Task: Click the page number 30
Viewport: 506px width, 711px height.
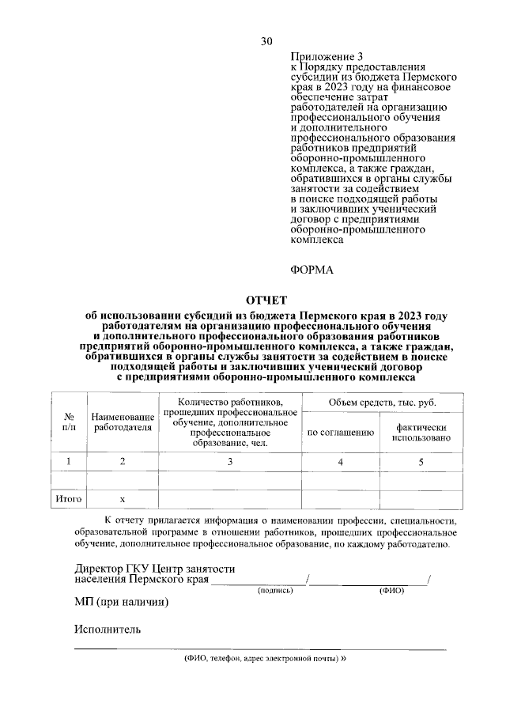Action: [x=266, y=41]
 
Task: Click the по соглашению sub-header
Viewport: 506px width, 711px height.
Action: [x=340, y=433]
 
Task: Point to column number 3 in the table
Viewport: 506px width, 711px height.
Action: [x=229, y=461]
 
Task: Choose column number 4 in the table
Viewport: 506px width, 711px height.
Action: [x=340, y=461]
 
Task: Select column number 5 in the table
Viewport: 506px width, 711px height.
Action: [x=421, y=461]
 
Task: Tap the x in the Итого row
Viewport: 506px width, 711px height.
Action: [x=122, y=499]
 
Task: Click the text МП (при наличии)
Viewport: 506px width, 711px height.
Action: [x=122, y=601]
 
